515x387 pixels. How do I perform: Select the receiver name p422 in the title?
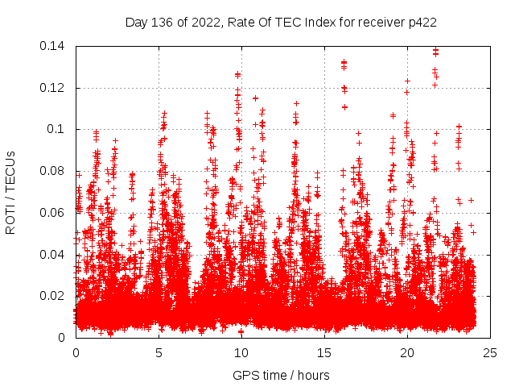pyautogui.click(x=421, y=23)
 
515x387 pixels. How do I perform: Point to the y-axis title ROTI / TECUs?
pyautogui.click(x=11, y=192)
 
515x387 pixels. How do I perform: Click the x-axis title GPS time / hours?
pyautogui.click(x=281, y=375)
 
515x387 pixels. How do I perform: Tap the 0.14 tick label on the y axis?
pyautogui.click(x=54, y=46)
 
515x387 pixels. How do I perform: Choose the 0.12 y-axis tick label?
pyautogui.click(x=54, y=88)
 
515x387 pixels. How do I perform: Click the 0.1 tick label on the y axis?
pyautogui.click(x=58, y=129)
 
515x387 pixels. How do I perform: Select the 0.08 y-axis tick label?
pyautogui.click(x=54, y=171)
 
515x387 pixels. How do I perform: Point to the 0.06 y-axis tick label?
pyautogui.click(x=54, y=213)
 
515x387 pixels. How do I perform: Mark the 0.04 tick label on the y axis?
pyautogui.click(x=54, y=255)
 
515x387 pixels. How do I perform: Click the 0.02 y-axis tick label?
pyautogui.click(x=54, y=296)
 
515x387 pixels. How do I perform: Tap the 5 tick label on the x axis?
pyautogui.click(x=159, y=352)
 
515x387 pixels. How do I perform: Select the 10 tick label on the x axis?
pyautogui.click(x=241, y=352)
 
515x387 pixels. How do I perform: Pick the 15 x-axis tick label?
pyautogui.click(x=324, y=352)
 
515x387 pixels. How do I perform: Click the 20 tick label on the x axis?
pyautogui.click(x=407, y=352)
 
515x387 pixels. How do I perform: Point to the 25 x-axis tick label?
pyautogui.click(x=490, y=352)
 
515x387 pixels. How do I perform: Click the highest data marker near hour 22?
pyautogui.click(x=435, y=50)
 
